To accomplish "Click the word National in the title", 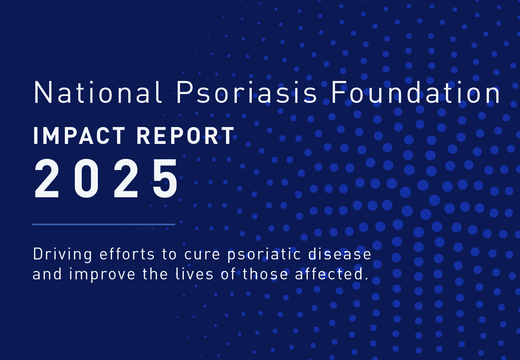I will click(x=98, y=93).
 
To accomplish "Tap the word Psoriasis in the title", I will click(x=246, y=93).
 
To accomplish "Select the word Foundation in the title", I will click(x=416, y=93).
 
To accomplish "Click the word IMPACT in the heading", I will click(x=79, y=136).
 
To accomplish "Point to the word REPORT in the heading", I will click(x=185, y=136).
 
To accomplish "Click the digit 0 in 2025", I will click(x=87, y=179).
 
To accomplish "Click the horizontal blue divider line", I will click(x=104, y=224).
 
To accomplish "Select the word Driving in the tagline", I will click(x=63, y=254).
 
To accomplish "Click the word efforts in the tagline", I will click(x=127, y=254).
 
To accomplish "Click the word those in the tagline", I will click(x=265, y=274).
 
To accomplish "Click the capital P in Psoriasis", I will click(x=185, y=93).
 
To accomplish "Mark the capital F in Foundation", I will click(x=338, y=93).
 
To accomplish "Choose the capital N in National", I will click(x=43, y=93).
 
